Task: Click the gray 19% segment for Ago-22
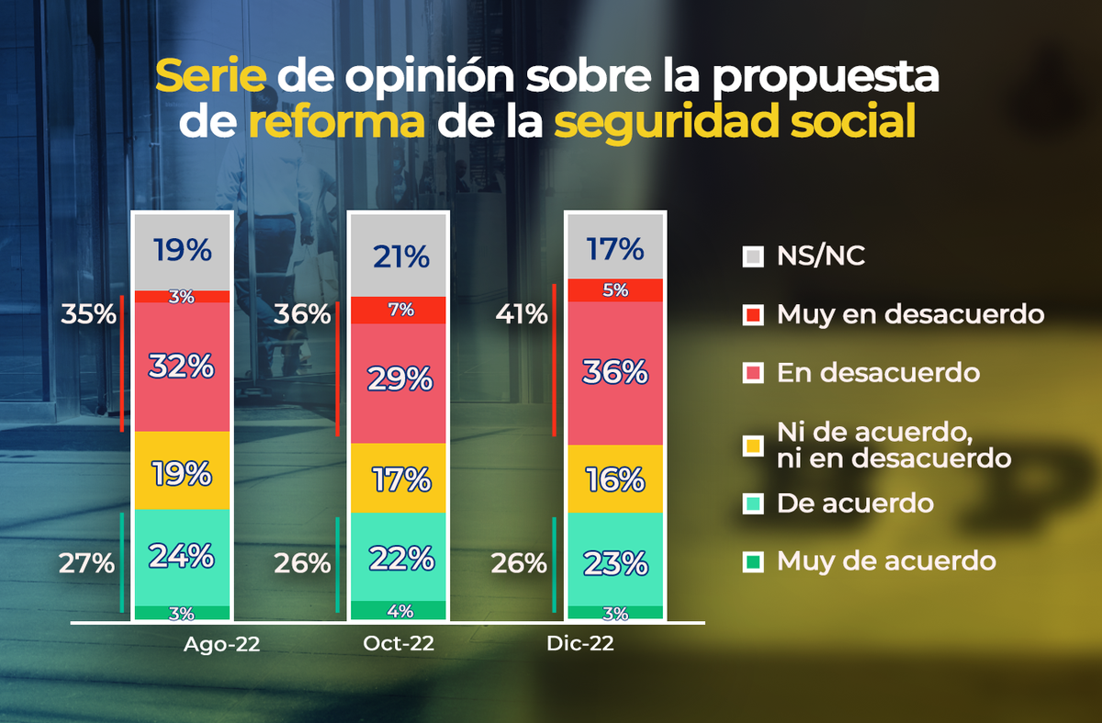(183, 251)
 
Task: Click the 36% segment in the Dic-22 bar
(615, 372)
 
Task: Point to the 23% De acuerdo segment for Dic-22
(615, 560)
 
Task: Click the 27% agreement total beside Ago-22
(88, 562)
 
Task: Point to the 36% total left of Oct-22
(301, 315)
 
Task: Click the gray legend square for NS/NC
(752, 257)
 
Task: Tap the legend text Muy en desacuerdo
(910, 314)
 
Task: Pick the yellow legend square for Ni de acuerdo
(752, 444)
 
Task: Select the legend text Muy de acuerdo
(886, 560)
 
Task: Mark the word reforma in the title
(336, 122)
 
